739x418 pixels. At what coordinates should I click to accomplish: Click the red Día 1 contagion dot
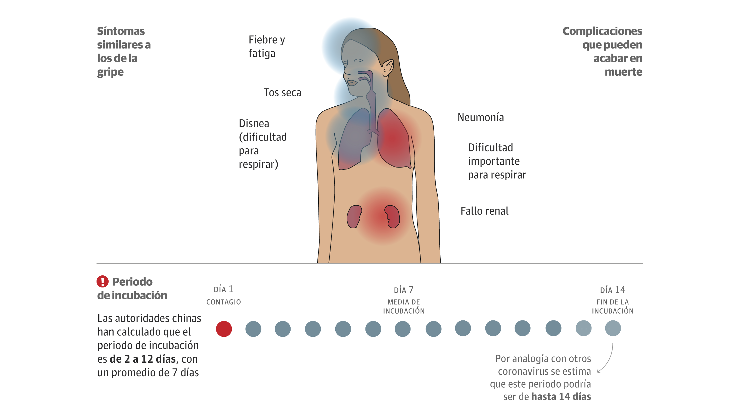[224, 329]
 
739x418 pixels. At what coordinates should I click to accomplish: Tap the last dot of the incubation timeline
[613, 328]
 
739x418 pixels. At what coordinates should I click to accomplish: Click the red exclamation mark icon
[102, 281]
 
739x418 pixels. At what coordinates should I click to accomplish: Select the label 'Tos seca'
[282, 93]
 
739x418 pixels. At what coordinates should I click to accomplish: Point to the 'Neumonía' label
[481, 117]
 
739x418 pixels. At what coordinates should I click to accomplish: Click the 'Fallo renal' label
[484, 211]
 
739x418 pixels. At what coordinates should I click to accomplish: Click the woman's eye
[358, 61]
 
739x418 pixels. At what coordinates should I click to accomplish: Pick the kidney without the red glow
[354, 217]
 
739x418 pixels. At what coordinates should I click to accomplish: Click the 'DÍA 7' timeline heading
[404, 290]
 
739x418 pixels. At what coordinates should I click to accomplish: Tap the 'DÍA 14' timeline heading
[613, 290]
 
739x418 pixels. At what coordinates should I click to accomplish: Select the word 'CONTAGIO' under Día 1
[223, 302]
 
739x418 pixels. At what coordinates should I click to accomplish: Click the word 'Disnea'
[254, 123]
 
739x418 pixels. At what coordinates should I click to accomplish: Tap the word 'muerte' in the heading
[623, 72]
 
